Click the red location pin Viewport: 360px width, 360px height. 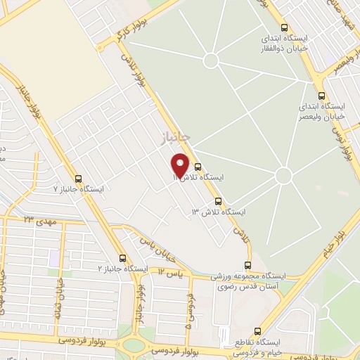[181, 165]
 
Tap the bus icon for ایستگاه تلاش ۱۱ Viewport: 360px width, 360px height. [198, 167]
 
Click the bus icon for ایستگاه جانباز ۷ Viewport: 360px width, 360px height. [78, 179]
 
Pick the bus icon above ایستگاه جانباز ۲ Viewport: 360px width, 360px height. [124, 258]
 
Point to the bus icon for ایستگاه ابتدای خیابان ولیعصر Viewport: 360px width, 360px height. [321, 96]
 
